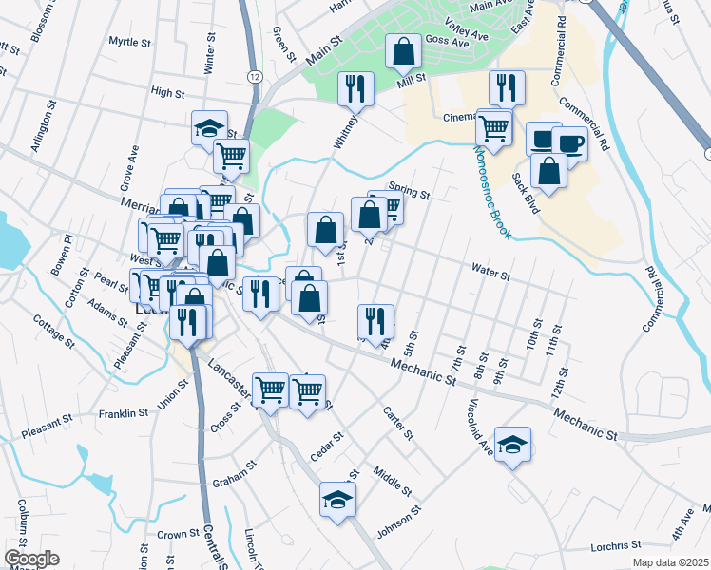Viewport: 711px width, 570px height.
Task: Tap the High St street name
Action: pos(167,92)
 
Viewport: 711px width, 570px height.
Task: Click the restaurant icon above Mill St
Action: pos(356,89)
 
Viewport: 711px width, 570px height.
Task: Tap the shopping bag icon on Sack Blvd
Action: pos(549,170)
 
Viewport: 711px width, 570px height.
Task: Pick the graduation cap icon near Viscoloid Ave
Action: pos(512,445)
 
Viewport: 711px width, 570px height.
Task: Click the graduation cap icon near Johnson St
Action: pos(337,499)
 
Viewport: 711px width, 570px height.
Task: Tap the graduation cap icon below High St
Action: pos(209,129)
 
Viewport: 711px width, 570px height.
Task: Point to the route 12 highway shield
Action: pos(254,75)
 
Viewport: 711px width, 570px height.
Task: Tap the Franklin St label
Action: pos(124,413)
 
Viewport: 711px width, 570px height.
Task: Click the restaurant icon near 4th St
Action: pos(375,320)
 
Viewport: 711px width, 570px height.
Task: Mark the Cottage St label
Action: pos(53,329)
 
